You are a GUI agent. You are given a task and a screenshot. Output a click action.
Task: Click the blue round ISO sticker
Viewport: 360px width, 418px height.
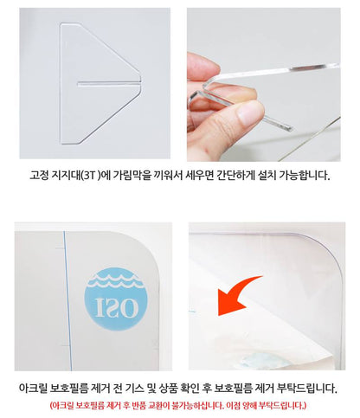coord(116,299)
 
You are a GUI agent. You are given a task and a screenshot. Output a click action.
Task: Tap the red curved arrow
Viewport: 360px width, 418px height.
coord(234,293)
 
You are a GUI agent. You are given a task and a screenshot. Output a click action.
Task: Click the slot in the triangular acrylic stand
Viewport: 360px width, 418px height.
coord(109,84)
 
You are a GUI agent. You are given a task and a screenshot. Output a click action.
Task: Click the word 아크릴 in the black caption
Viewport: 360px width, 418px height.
coord(33,388)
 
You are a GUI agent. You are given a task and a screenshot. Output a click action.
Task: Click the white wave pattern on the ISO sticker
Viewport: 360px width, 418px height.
coord(116,281)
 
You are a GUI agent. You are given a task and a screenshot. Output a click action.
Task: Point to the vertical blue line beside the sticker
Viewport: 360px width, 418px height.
coord(67,300)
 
